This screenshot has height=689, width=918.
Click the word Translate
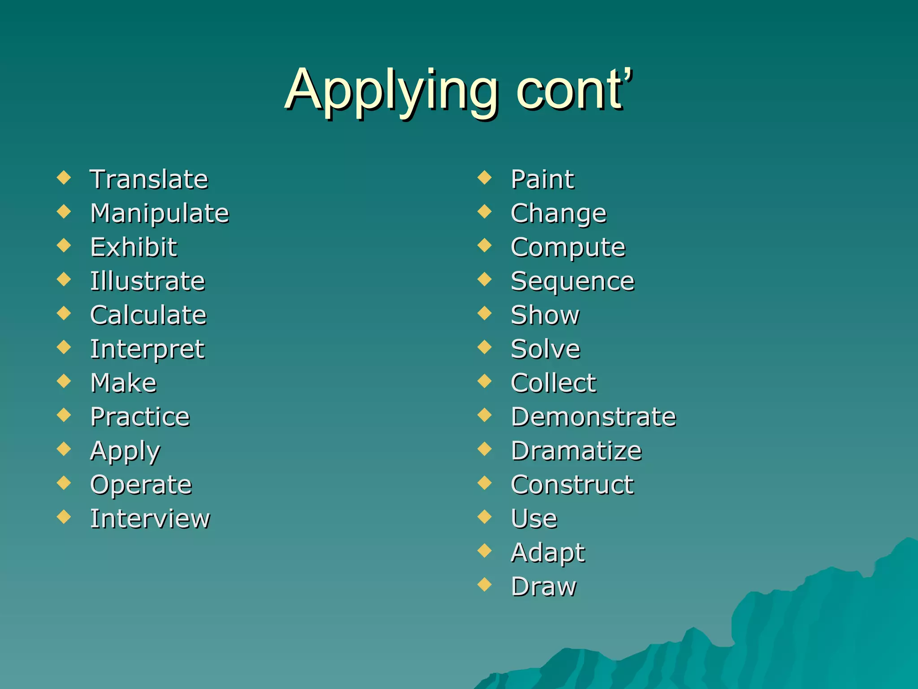[149, 179]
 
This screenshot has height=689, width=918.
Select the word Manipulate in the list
[160, 214]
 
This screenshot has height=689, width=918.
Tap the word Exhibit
[134, 247]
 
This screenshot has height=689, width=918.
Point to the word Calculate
[148, 315]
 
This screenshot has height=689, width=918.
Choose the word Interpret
[147, 349]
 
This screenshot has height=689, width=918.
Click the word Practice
[140, 417]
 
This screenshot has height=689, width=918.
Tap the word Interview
[150, 519]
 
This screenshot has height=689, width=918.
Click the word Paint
[542, 179]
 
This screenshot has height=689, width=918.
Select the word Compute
[568, 248]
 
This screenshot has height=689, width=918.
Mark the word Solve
[546, 349]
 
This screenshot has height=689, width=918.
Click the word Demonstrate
[593, 417]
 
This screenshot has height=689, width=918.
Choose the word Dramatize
[576, 451]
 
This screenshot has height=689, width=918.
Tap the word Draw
[544, 587]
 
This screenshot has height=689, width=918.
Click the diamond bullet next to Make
[64, 381]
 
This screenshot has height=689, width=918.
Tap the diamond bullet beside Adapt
[485, 550]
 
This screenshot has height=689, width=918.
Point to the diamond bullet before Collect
[485, 381]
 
